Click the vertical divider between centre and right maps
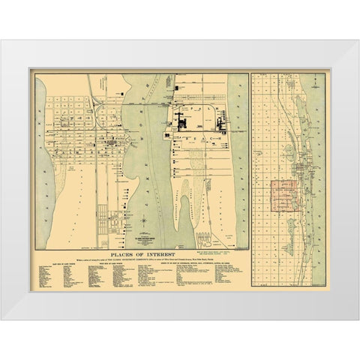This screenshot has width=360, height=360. pos(250,165)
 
